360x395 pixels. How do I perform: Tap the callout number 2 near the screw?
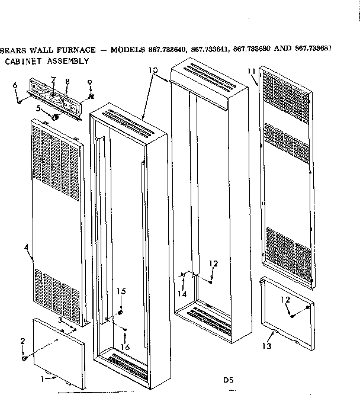click(22, 341)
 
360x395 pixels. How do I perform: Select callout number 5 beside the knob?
click(38, 109)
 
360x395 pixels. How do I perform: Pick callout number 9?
click(89, 81)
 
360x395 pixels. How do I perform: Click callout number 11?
click(251, 72)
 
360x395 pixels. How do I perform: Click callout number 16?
click(125, 346)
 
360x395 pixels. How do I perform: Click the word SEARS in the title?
click(12, 50)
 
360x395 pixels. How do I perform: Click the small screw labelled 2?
click(23, 358)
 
